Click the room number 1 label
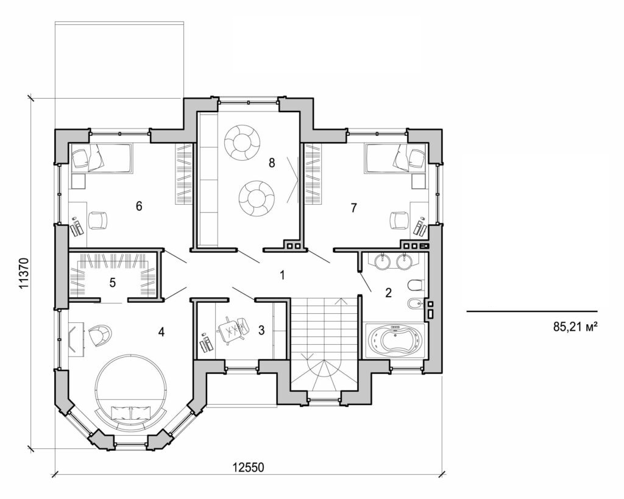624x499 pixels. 282,275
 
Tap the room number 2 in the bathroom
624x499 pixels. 388,292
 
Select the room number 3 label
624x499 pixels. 261,330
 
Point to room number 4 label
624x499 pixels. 161,332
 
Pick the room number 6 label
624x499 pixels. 139,207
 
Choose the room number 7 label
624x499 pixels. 353,208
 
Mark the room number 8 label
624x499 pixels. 272,163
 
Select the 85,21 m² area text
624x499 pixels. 574,327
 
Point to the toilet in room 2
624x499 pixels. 414,285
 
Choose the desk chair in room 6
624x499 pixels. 97,219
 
